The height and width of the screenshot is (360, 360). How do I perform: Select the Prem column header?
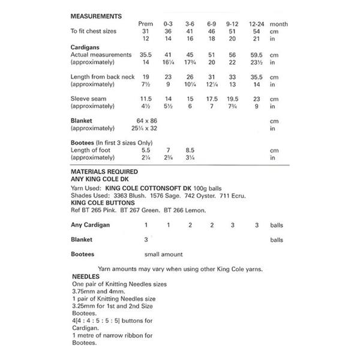(x=145, y=24)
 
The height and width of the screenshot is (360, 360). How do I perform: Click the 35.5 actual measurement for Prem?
(x=145, y=55)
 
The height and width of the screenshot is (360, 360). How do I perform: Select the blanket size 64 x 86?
(x=145, y=121)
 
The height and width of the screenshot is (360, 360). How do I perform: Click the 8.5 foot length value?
(x=190, y=150)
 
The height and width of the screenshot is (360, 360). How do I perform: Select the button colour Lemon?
(x=194, y=211)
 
